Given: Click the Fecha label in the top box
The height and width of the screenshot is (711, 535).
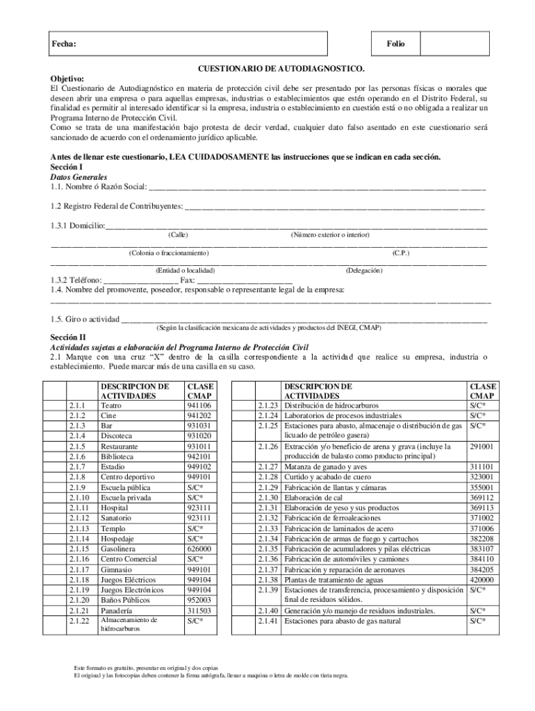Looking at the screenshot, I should [x=64, y=44].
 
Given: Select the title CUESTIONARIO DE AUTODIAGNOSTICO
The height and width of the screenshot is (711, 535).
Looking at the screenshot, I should [x=281, y=70].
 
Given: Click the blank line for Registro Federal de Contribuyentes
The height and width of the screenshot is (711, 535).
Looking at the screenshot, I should [x=334, y=206].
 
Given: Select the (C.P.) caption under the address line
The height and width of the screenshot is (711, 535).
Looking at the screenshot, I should [x=400, y=253].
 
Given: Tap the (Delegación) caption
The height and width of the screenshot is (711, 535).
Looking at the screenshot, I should [x=363, y=270].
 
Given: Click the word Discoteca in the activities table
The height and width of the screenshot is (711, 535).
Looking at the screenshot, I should [x=120, y=435].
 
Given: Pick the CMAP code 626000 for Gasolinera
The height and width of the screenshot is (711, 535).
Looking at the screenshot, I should [x=199, y=549].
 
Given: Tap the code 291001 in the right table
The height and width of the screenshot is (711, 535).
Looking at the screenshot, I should [x=481, y=446].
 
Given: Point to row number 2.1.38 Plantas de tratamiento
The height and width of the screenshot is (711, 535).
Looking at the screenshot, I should [x=267, y=580].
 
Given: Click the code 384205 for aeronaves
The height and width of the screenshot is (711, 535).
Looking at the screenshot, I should [x=481, y=569].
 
